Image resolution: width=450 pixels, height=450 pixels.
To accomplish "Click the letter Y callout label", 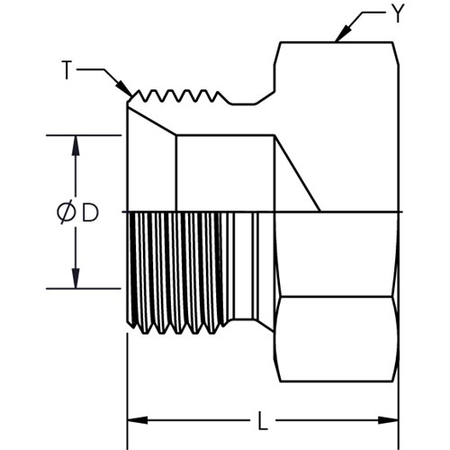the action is coord(398,13).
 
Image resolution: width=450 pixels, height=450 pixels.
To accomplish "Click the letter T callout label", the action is coord(67,70).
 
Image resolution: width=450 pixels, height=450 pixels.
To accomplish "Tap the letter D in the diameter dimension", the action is coord(90,212).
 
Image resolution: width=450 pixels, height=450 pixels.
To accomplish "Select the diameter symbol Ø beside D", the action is coord(66,212).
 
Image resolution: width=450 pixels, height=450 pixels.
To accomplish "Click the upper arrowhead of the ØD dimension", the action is coord(76,146).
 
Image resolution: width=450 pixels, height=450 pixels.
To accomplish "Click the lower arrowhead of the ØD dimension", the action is coord(76,278).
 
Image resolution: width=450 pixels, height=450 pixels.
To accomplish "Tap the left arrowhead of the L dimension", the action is coord(138,420).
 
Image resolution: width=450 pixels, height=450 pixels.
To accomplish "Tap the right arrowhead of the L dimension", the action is coord(388,420).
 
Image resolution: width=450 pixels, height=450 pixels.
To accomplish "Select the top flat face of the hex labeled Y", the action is coord(337,42).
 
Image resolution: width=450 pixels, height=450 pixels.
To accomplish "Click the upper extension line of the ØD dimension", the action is coord(84,136).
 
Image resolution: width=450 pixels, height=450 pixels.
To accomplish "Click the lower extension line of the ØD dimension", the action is coord(84,289).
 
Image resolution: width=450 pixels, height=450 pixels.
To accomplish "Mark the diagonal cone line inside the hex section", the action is coord(297,174).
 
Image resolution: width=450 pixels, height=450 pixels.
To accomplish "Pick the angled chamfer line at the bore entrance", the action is coord(152,121).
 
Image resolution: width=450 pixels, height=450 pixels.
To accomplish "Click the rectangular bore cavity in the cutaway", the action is coord(225,174).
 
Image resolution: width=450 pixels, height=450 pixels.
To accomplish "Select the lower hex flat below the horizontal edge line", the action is coord(337,339).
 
